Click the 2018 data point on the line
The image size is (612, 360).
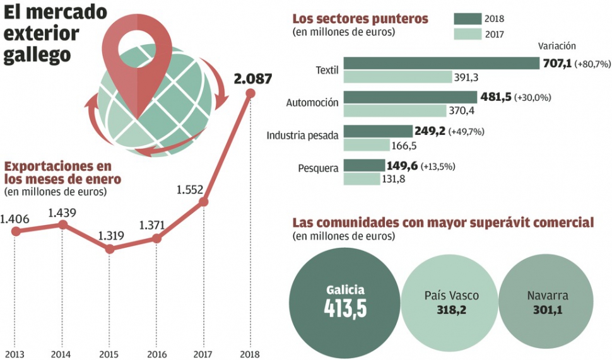(x=250, y=93)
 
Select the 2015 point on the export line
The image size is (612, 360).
(x=110, y=249)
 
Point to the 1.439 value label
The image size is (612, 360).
(x=62, y=212)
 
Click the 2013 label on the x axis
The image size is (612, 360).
(x=15, y=354)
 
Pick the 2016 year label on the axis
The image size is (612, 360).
(x=156, y=354)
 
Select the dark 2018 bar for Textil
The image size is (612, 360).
(x=441, y=63)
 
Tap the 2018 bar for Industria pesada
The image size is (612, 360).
(x=377, y=131)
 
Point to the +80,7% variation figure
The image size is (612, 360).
(x=594, y=64)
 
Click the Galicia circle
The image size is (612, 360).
(x=344, y=302)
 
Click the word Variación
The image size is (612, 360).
(x=556, y=45)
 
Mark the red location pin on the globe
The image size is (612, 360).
(x=138, y=60)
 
